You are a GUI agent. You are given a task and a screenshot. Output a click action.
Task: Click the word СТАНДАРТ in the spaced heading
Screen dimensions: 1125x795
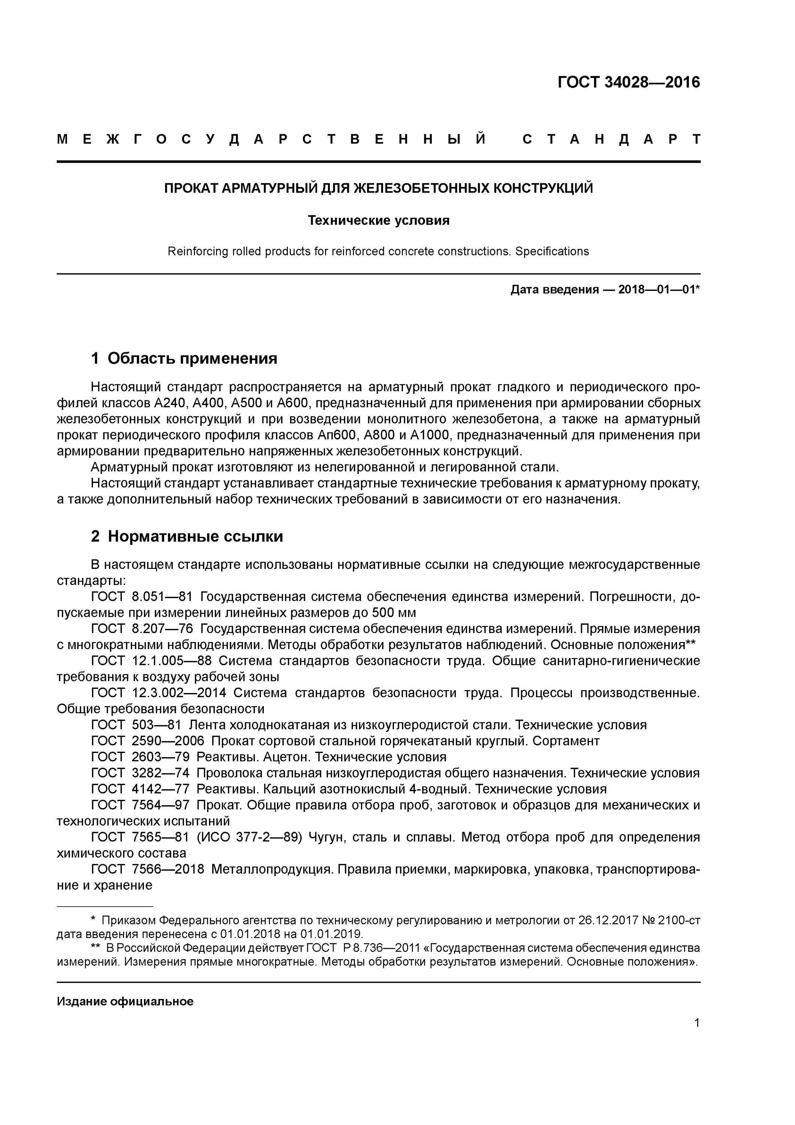coord(611,139)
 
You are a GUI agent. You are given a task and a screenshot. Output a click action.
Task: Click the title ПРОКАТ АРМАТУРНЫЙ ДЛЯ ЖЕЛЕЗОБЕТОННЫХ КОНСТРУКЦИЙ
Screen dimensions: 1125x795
coord(378,188)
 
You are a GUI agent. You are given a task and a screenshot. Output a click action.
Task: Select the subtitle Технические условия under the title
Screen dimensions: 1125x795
coord(378,220)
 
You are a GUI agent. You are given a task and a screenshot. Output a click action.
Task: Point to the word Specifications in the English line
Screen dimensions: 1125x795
coord(552,251)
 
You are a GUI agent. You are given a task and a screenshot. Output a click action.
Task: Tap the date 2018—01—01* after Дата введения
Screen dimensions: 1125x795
coord(659,289)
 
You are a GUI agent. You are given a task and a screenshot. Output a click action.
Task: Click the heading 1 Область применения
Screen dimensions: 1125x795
coord(184,358)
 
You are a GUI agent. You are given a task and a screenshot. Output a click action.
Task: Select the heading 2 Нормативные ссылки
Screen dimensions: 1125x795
coord(187,536)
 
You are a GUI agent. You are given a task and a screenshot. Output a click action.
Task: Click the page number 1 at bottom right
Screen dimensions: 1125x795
coord(696,1023)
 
